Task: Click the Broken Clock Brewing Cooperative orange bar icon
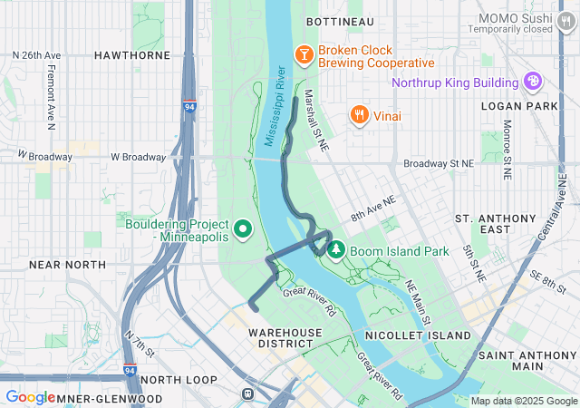304,55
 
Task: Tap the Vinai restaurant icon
360,115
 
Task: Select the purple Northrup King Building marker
534,83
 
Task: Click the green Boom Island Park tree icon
335,249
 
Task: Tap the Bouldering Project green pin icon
242,229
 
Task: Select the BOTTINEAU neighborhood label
340,20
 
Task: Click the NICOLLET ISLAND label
418,335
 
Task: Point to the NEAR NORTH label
67,265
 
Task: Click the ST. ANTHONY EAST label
496,224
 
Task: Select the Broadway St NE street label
439,164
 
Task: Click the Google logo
30,397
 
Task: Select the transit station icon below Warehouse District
247,394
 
